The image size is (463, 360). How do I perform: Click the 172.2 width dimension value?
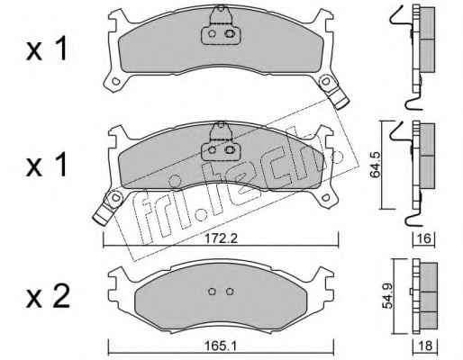point(221,238)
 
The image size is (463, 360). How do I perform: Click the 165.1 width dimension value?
point(221,346)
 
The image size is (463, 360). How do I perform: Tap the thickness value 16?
point(424,238)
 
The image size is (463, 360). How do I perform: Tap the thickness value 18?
point(425,346)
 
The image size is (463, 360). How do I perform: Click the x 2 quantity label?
point(48,296)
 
